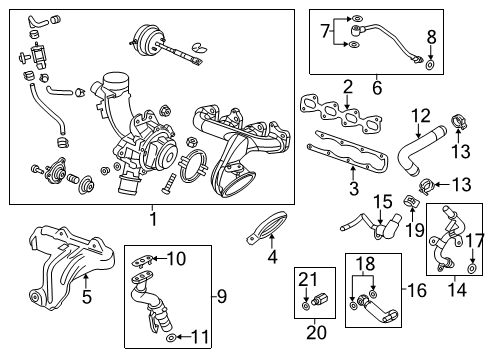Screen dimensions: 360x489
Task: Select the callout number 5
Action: pos(86,297)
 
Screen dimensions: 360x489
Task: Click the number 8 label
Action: pos(431,37)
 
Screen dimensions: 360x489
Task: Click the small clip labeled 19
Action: pos(410,206)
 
